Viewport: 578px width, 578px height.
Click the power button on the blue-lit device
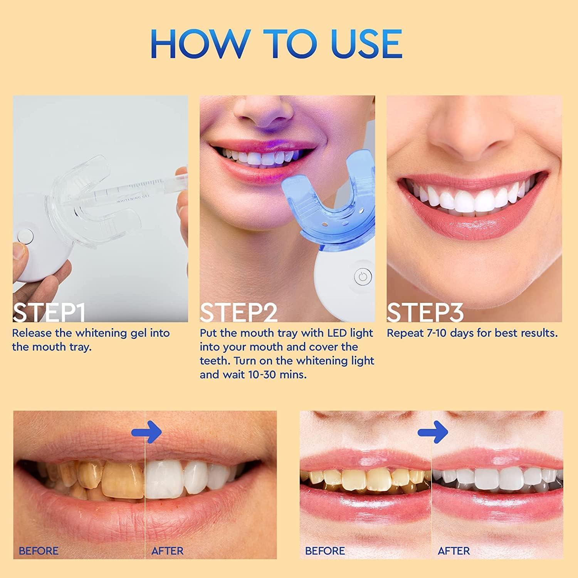362,277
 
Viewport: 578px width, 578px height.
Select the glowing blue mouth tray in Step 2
328,208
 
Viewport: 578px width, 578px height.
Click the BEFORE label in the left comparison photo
39,551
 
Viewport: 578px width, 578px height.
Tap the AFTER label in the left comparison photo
168,551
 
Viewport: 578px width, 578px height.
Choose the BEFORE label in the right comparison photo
325,551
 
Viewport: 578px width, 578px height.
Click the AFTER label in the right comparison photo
454,551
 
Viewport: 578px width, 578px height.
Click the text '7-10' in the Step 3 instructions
437,333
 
